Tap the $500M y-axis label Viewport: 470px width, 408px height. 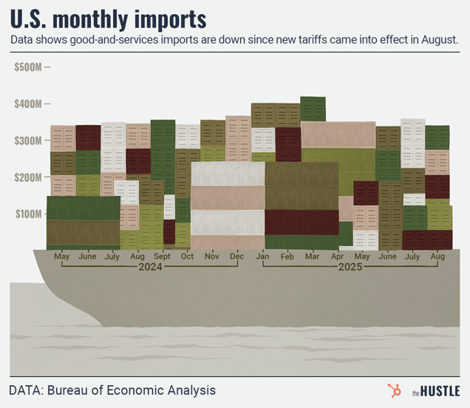click(x=29, y=67)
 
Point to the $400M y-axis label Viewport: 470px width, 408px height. click(x=29, y=103)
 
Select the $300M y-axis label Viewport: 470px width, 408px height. click(x=29, y=140)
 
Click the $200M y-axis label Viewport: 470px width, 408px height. click(x=29, y=177)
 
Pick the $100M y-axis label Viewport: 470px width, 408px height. click(x=29, y=214)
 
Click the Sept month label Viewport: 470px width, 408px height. click(x=163, y=256)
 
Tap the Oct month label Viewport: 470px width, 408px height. click(x=187, y=256)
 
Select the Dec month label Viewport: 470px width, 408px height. click(x=237, y=256)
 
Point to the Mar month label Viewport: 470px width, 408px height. click(x=313, y=256)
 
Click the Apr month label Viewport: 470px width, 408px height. click(x=338, y=256)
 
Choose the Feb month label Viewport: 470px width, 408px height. click(x=287, y=256)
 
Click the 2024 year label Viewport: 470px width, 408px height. click(x=150, y=268)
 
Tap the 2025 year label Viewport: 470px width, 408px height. click(x=350, y=268)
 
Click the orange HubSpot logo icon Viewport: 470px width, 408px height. click(x=394, y=390)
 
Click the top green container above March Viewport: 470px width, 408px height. click(x=313, y=109)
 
